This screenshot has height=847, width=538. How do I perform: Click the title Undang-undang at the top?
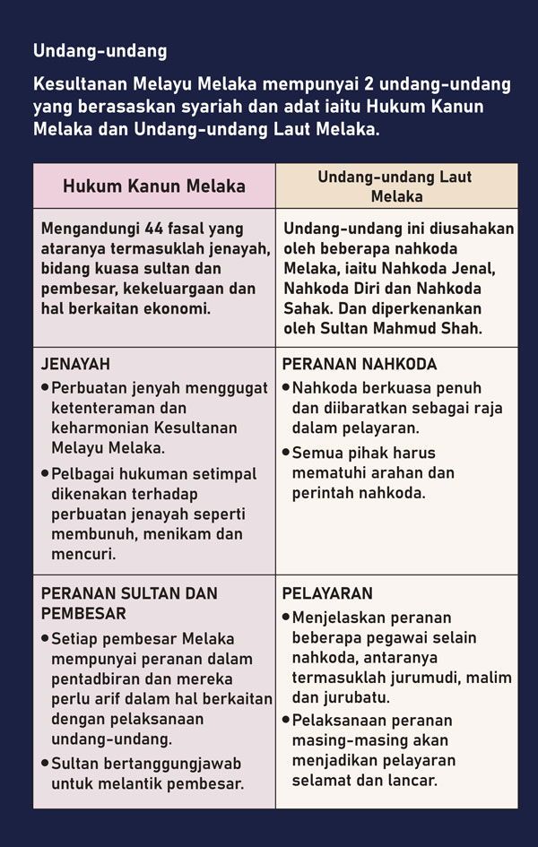pyautogui.click(x=100, y=51)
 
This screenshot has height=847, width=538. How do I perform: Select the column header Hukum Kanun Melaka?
pyautogui.click(x=154, y=186)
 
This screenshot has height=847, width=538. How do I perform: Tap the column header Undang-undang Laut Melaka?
pyautogui.click(x=395, y=186)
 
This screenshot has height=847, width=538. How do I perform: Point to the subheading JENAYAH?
pyautogui.click(x=76, y=365)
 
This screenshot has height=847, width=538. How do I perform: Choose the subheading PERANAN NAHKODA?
pyautogui.click(x=360, y=365)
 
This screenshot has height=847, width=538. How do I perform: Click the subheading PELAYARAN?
pyautogui.click(x=327, y=594)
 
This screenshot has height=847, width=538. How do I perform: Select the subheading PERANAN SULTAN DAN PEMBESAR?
pyautogui.click(x=129, y=604)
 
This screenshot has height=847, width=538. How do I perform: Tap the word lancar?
pyautogui.click(x=411, y=780)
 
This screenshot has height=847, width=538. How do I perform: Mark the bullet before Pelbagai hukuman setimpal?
pyautogui.click(x=46, y=472)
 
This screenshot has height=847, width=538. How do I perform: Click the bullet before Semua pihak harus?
pyautogui.click(x=286, y=452)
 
